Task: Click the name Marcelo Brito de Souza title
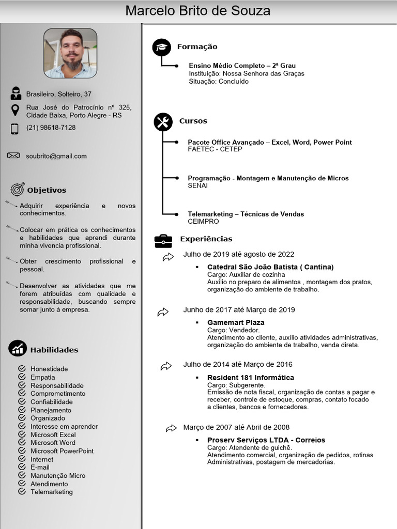click(198, 11)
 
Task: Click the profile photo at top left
click(70, 53)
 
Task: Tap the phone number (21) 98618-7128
click(51, 128)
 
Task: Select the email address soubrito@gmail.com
click(56, 156)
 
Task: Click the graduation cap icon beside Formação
click(161, 47)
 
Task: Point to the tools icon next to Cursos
click(163, 122)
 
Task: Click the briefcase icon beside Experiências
click(163, 240)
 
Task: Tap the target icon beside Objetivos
click(17, 189)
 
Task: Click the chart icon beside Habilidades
click(18, 349)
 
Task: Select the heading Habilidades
click(54, 350)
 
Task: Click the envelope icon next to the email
click(13, 155)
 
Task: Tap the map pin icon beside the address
click(15, 110)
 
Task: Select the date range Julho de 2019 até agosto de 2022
click(238, 254)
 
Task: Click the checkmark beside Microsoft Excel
click(22, 434)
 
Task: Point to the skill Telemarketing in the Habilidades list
click(52, 492)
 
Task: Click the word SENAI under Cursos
click(197, 185)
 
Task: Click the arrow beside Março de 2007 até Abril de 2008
click(171, 428)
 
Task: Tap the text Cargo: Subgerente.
click(236, 385)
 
